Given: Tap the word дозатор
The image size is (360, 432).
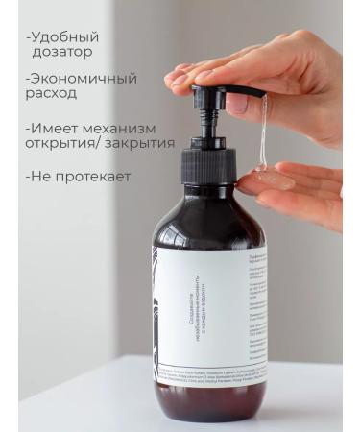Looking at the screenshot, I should (x=67, y=54).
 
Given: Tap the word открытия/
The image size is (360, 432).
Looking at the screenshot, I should (x=64, y=144).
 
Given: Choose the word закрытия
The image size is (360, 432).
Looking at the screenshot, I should (x=141, y=144).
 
